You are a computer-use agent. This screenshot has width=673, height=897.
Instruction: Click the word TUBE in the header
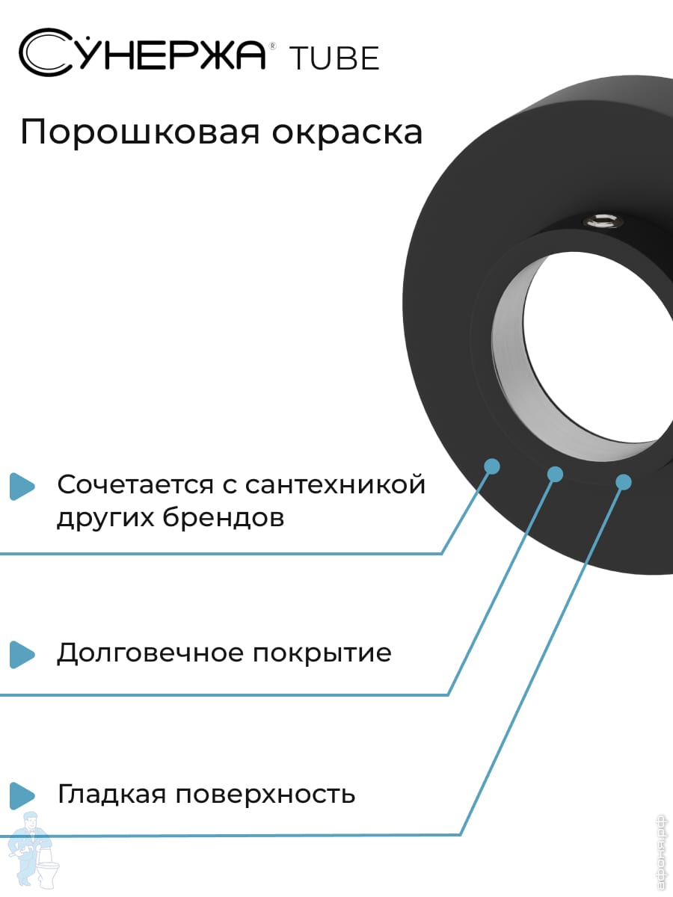point(334,59)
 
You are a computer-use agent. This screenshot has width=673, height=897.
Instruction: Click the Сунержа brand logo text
point(142,53)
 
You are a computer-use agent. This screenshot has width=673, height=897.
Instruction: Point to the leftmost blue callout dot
point(491,466)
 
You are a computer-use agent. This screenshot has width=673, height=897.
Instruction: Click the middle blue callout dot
point(555,473)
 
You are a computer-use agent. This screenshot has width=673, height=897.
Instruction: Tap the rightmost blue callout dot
point(623,482)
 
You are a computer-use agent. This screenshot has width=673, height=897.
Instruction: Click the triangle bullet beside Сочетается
point(22,486)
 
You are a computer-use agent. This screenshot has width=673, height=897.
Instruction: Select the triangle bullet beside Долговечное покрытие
point(22,654)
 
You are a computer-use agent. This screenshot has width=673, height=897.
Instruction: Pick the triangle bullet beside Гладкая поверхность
point(22,795)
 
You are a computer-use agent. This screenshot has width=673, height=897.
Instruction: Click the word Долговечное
point(151,653)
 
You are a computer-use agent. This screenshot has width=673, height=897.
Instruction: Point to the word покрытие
point(322,653)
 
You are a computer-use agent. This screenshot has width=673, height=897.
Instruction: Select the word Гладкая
point(111,794)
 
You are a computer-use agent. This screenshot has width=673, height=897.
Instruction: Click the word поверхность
point(265,795)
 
